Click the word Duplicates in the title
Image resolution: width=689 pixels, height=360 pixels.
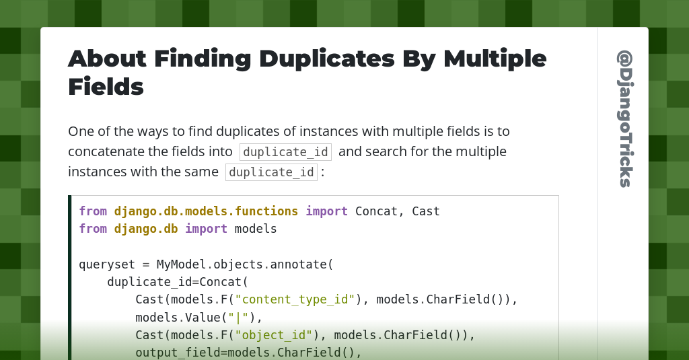pos(326,59)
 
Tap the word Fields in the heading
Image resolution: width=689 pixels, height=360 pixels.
pos(106,87)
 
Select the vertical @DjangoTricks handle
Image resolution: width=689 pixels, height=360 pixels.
pos(624,118)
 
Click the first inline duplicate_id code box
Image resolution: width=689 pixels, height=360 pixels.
pos(285,152)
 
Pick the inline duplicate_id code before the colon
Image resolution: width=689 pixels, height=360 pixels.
pos(271,172)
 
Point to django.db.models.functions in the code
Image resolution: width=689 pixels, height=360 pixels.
pos(206,211)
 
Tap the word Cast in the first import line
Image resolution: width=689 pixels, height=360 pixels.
pos(426,211)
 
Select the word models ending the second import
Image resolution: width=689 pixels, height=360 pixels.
pos(256,229)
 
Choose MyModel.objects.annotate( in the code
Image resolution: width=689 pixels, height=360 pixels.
pos(245,264)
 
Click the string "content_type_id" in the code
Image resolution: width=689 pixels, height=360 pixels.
pos(295,299)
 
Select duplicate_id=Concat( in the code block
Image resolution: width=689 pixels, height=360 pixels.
pos(178,281)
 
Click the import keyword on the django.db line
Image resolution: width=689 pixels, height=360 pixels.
pos(206,229)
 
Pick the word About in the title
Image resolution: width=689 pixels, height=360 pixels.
pos(107,59)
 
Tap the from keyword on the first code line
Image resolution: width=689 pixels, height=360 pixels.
pos(93,211)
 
